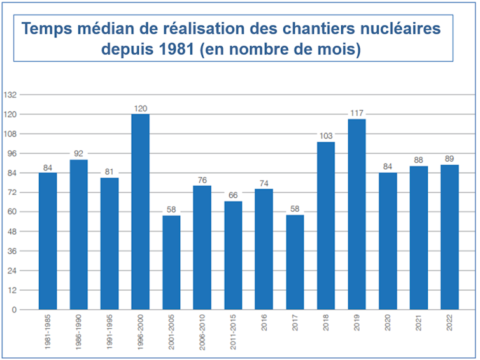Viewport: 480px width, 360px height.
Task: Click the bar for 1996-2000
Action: coord(140,212)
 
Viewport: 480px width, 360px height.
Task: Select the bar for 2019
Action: coord(357,214)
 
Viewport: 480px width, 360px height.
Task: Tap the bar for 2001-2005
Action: coord(171,262)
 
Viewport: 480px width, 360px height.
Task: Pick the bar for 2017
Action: coord(295,262)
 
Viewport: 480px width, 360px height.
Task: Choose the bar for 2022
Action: coord(449,237)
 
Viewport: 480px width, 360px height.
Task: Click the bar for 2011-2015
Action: coord(233,256)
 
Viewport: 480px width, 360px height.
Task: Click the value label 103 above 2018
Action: coord(326,136)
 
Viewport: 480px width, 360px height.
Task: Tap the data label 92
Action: coord(78,154)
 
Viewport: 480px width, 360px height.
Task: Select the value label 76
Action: coord(202,180)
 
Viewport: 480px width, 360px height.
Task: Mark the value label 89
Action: coord(449,159)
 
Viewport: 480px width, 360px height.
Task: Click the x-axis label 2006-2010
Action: coord(202,332)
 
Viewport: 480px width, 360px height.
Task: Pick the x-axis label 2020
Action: coord(388,324)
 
